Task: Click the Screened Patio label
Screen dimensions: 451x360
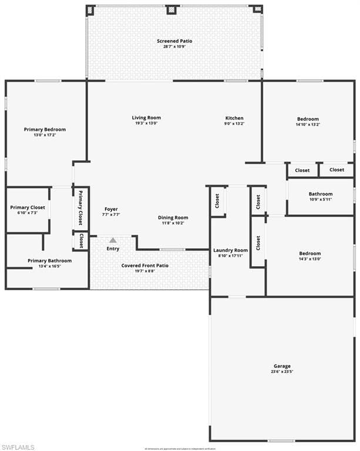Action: pyautogui.click(x=174, y=41)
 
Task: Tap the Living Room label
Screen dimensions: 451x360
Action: pyautogui.click(x=146, y=118)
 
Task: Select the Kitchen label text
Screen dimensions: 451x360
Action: pyautogui.click(x=234, y=118)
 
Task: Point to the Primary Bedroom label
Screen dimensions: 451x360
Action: pyautogui.click(x=45, y=129)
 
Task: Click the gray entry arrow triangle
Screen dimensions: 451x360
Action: pyautogui.click(x=113, y=240)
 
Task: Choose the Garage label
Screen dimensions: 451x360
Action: pyautogui.click(x=282, y=366)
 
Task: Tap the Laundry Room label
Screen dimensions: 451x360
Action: pyautogui.click(x=230, y=250)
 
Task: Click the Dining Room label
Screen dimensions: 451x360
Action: pyautogui.click(x=173, y=218)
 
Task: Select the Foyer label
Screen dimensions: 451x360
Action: pyautogui.click(x=112, y=209)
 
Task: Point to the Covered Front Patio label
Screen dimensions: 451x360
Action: pyautogui.click(x=145, y=265)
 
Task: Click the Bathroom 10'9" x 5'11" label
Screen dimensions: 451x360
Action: pyautogui.click(x=321, y=194)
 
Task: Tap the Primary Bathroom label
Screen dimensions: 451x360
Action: pyautogui.click(x=50, y=261)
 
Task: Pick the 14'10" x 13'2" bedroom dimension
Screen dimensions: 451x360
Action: pyautogui.click(x=308, y=124)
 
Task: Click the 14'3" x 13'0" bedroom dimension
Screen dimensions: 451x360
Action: pyautogui.click(x=310, y=259)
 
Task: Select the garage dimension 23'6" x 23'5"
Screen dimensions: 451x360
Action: pyautogui.click(x=282, y=372)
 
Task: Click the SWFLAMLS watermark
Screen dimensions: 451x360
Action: pyautogui.click(x=18, y=447)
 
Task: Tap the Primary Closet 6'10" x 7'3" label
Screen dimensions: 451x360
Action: pyautogui.click(x=28, y=207)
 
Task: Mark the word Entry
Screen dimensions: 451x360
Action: pyautogui.click(x=113, y=249)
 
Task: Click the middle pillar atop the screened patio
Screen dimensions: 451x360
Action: pyautogui.click(x=171, y=9)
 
